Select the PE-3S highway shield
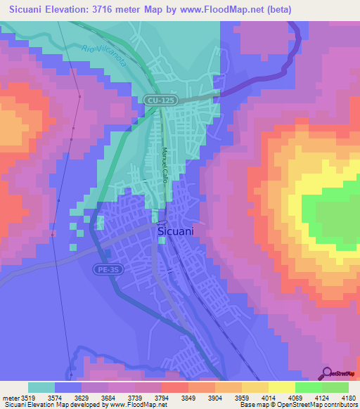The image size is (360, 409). point(106,268)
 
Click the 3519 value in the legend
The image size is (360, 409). point(28,398)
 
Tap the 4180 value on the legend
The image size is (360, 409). point(349,398)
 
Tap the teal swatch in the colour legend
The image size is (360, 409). point(41,387)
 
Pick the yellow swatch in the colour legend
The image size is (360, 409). point(282,387)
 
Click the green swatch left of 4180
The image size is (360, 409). point(335,387)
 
